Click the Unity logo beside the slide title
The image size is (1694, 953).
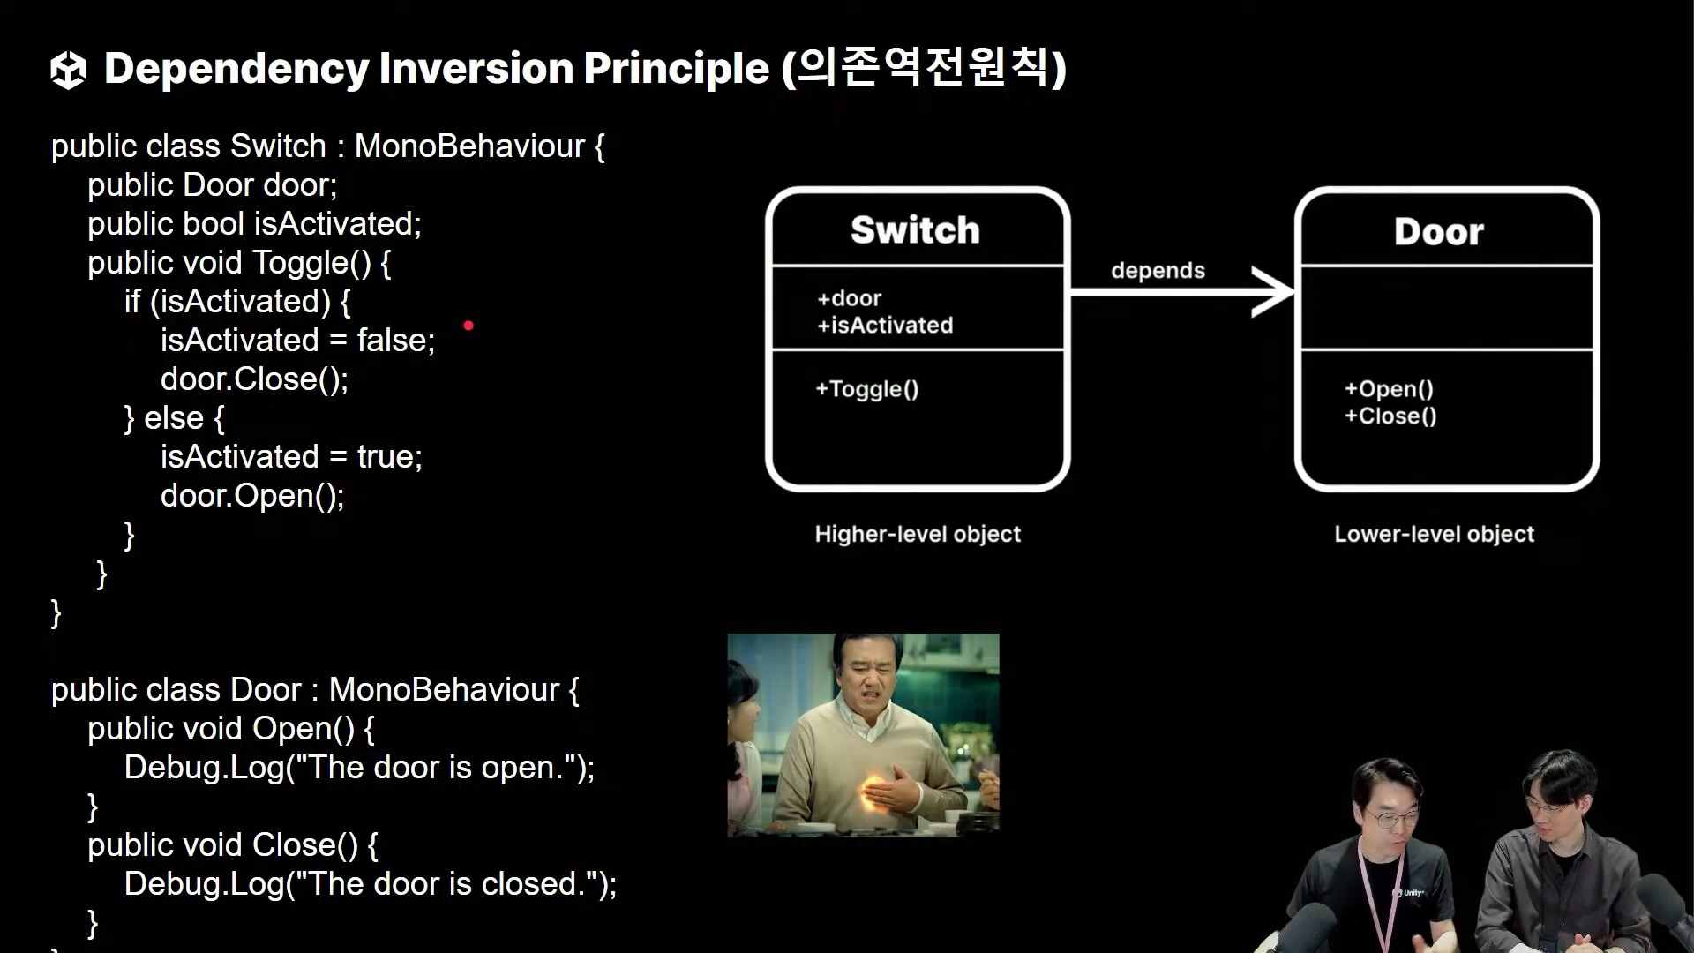(68, 71)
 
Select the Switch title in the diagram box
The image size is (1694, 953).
(915, 230)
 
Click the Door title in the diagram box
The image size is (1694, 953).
(1438, 232)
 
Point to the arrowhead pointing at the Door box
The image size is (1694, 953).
(1275, 291)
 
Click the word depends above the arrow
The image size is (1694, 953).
(1158, 271)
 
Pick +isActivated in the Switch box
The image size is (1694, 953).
(885, 326)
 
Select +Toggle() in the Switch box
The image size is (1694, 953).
(866, 389)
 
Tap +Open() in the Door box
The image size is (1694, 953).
(1388, 389)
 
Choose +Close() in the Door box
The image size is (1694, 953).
(1390, 416)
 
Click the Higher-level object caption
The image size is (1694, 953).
(918, 534)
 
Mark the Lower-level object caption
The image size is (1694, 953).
(1434, 534)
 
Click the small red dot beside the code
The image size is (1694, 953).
(468, 326)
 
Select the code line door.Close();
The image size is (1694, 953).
(254, 379)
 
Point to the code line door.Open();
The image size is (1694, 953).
(252, 496)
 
